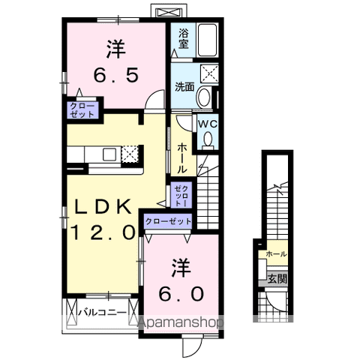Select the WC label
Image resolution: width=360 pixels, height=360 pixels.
(207, 124)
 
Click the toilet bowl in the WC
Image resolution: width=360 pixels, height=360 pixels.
(207, 138)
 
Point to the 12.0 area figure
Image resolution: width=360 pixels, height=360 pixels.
(103, 232)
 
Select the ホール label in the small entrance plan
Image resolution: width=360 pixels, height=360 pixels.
(275, 255)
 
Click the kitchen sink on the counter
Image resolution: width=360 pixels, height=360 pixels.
(109, 154)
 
